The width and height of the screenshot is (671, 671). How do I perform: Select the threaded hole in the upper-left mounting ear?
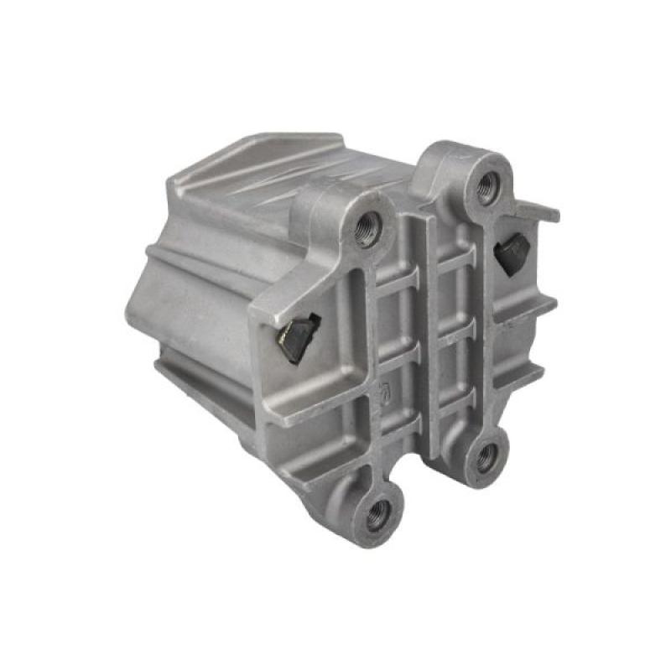pyautogui.click(x=367, y=226)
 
